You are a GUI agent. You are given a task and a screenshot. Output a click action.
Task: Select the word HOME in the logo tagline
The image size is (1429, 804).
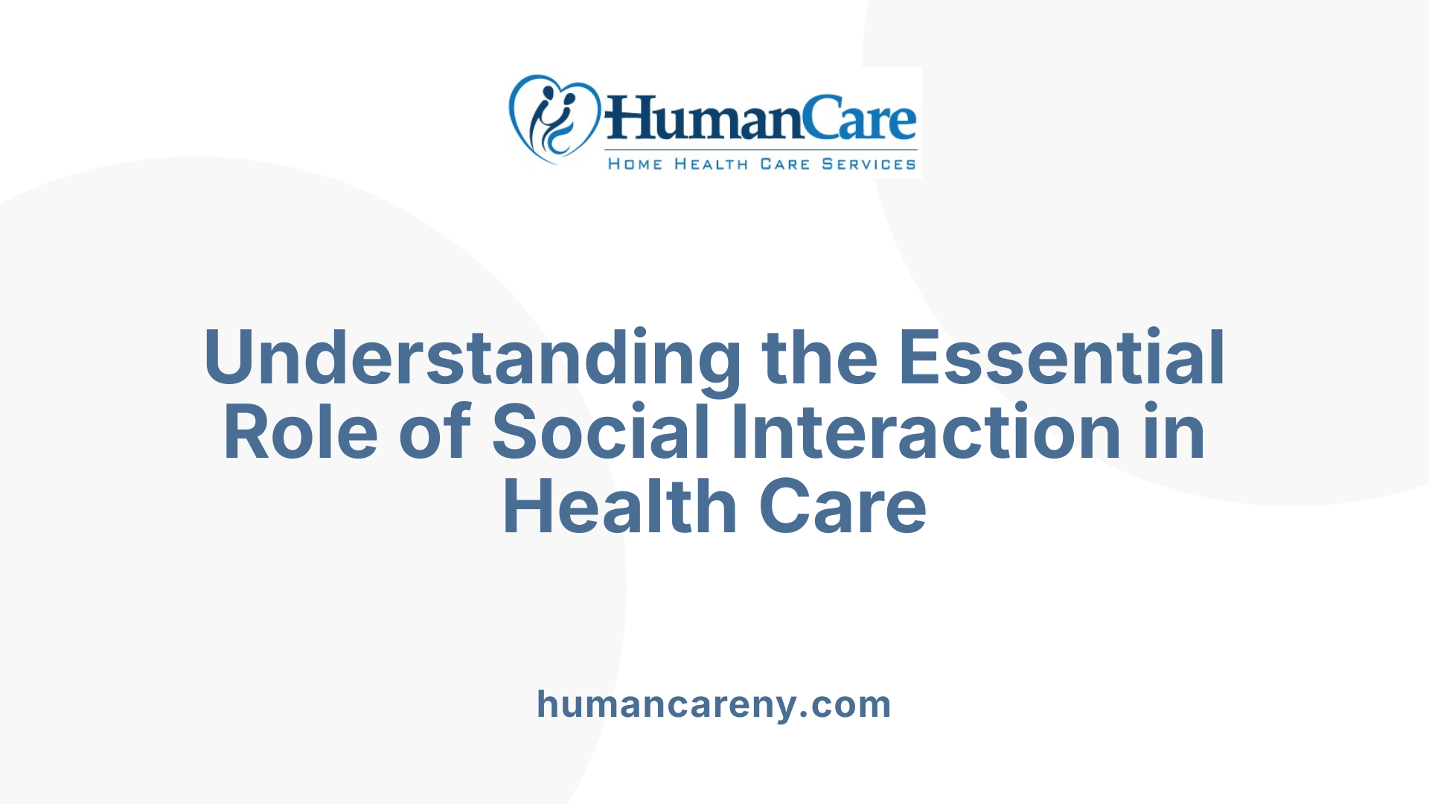click(x=635, y=165)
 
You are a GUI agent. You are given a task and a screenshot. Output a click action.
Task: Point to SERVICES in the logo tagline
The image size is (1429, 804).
click(x=869, y=165)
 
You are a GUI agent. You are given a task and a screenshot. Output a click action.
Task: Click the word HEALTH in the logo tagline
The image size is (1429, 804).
click(x=711, y=165)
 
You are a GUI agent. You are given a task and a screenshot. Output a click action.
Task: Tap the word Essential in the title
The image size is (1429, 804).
click(x=1061, y=359)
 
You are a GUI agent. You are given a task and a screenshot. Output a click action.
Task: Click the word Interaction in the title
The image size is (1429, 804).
click(x=927, y=433)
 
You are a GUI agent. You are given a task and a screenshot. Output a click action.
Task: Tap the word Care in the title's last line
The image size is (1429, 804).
click(x=843, y=508)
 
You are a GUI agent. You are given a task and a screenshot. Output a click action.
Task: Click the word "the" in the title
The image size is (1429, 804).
click(x=819, y=359)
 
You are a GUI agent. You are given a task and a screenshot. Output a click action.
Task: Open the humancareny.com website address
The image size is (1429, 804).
click(x=714, y=704)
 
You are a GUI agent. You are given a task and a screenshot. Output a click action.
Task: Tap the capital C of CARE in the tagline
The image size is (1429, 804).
click(x=767, y=165)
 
